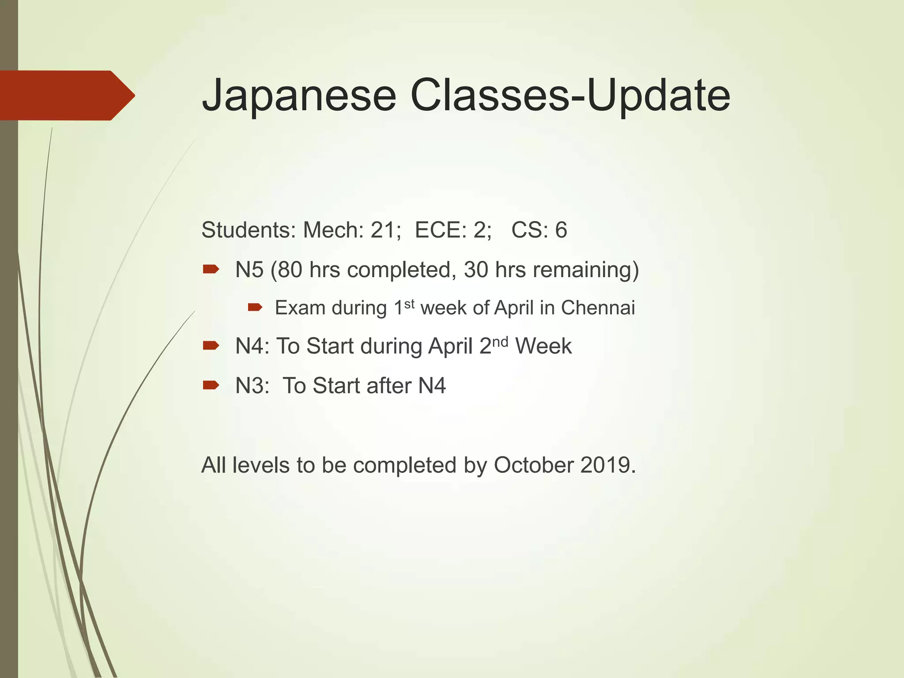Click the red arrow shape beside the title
pyautogui.click(x=66, y=95)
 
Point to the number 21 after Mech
pyautogui.click(x=382, y=230)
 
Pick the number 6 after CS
pyautogui.click(x=561, y=230)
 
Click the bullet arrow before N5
pyautogui.click(x=211, y=269)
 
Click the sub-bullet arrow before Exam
pyautogui.click(x=255, y=307)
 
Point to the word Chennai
pyautogui.click(x=598, y=308)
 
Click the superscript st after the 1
pyautogui.click(x=409, y=304)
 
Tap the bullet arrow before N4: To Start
pyautogui.click(x=211, y=345)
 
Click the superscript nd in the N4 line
pyautogui.click(x=500, y=342)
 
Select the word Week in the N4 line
pyautogui.click(x=543, y=346)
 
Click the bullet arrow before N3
pyautogui.click(x=211, y=385)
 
